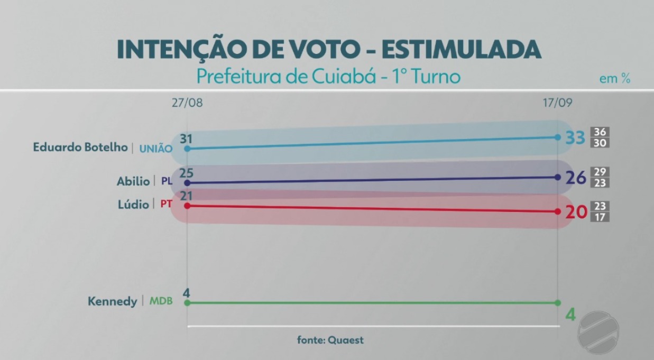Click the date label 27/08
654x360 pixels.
coord(187,103)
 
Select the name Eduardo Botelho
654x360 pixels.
coord(80,147)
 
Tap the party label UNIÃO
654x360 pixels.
coord(155,149)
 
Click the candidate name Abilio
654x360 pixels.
coord(133,181)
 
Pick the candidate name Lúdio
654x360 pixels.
coord(133,204)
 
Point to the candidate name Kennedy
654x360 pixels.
coord(112,302)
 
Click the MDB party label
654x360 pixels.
coord(161,302)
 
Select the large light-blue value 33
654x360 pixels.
coord(575,138)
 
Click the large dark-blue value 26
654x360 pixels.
coord(576,178)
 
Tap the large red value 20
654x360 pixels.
coord(576,212)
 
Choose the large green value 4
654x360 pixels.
coord(570,315)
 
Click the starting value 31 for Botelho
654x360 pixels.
coord(186,139)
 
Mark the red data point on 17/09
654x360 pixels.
coord(558,211)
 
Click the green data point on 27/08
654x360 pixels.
coord(187,303)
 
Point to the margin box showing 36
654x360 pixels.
coord(601,132)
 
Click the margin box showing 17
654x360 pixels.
coord(601,217)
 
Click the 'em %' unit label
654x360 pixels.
coord(615,79)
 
